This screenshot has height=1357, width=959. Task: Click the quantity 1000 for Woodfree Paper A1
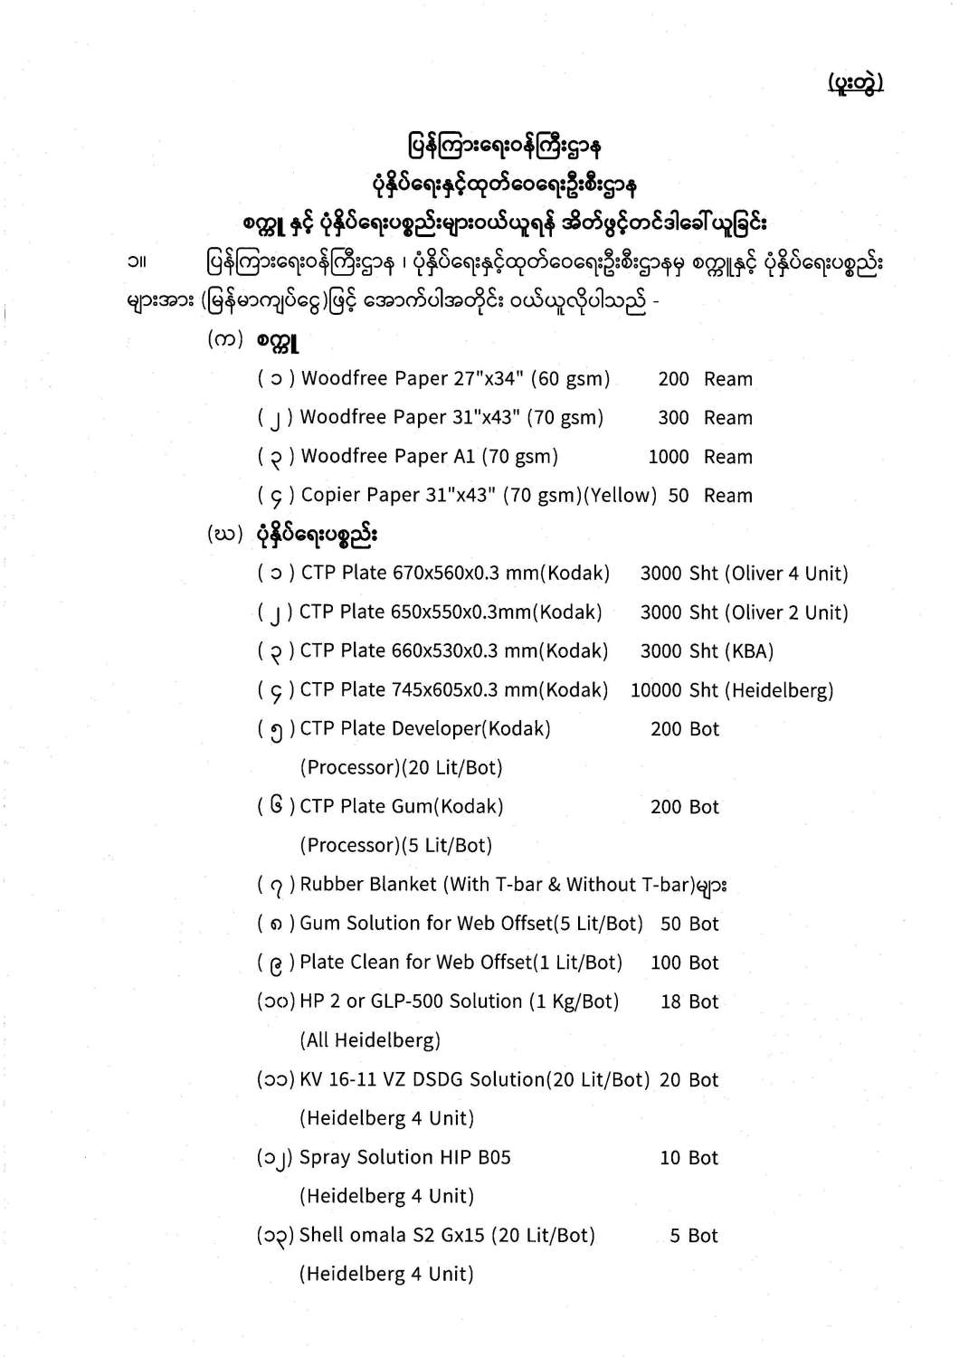[x=668, y=457]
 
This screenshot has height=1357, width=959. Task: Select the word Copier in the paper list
[x=333, y=495]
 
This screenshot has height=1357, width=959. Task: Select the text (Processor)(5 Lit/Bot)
[x=395, y=845]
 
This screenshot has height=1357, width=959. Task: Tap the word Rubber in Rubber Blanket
[x=329, y=885]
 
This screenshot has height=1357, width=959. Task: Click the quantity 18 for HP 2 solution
[x=670, y=1001]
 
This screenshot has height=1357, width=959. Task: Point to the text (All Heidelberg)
[x=369, y=1040]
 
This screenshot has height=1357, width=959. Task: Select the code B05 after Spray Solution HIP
[x=494, y=1157]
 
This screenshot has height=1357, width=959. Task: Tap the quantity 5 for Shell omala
[x=675, y=1236]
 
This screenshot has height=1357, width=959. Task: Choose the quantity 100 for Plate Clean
[x=665, y=963]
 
